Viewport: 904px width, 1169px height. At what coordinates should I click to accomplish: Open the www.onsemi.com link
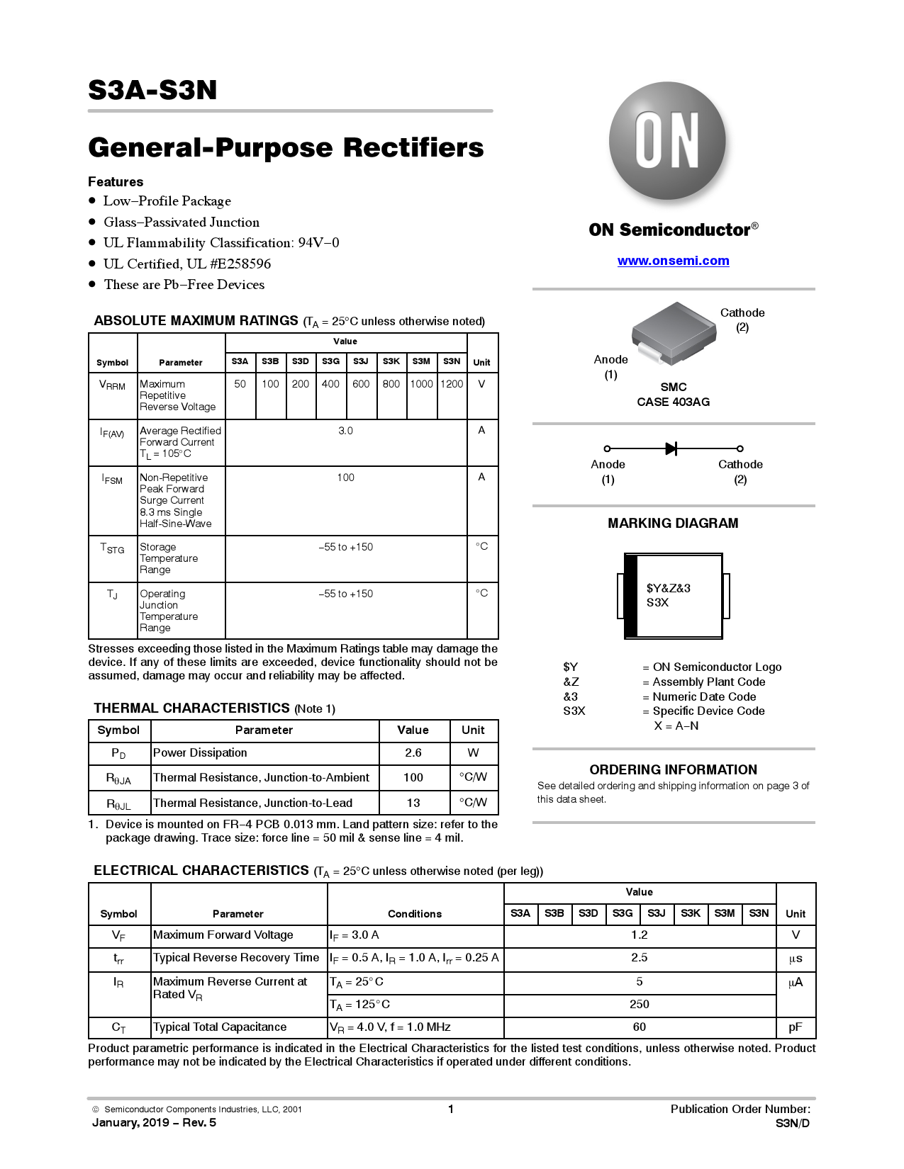pyautogui.click(x=673, y=261)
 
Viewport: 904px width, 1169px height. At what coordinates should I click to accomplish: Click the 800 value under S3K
pyautogui.click(x=391, y=384)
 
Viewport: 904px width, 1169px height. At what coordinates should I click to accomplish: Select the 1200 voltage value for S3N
pyautogui.click(x=452, y=384)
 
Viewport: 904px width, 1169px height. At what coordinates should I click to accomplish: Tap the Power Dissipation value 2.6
pyautogui.click(x=413, y=753)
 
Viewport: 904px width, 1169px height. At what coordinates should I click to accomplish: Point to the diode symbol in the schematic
pyautogui.click(x=671, y=448)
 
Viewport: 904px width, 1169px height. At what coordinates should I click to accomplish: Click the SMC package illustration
pyautogui.click(x=672, y=332)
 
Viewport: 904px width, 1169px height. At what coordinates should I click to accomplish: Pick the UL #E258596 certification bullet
pyautogui.click(x=187, y=264)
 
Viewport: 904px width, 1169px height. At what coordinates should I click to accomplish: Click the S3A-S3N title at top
pyautogui.click(x=152, y=91)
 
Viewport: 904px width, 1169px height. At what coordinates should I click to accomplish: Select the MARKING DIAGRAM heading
pyautogui.click(x=673, y=524)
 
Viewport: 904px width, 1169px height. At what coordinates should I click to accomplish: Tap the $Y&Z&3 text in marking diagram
pyautogui.click(x=668, y=588)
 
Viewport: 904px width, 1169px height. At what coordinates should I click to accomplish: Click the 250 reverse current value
pyautogui.click(x=639, y=1005)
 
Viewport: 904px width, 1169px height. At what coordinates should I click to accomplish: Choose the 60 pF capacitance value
pyautogui.click(x=639, y=1027)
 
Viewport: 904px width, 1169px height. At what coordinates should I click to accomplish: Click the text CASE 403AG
pyautogui.click(x=673, y=402)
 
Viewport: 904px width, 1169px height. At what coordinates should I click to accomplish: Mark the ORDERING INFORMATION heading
pyautogui.click(x=673, y=770)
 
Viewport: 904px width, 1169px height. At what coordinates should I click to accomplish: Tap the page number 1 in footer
pyautogui.click(x=451, y=1109)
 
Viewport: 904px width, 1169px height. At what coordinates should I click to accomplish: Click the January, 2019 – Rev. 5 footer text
pyautogui.click(x=154, y=1123)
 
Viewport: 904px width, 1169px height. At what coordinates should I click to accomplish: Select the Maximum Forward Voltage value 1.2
pyautogui.click(x=639, y=935)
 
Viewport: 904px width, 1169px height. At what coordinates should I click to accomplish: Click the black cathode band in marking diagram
pyautogui.click(x=631, y=596)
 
